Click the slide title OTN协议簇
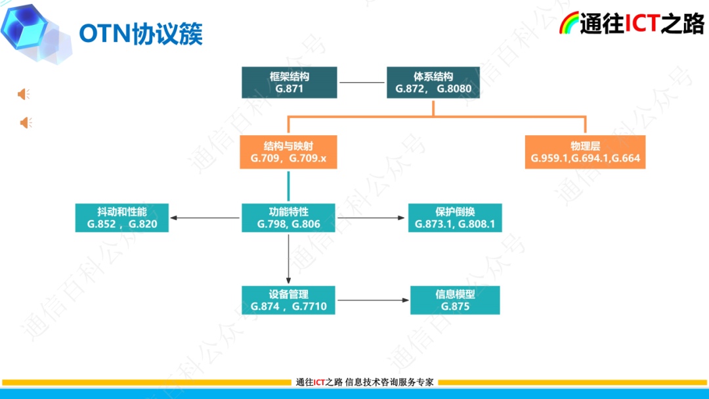click(x=140, y=33)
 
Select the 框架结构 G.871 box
click(x=289, y=83)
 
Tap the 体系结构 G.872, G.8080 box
click(x=433, y=83)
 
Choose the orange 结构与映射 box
click(x=289, y=152)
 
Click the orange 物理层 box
click(x=585, y=152)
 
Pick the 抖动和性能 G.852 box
click(x=122, y=218)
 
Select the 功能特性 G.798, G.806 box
click(x=289, y=218)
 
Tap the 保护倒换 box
click(x=455, y=218)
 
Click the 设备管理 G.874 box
click(x=289, y=300)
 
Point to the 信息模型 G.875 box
click(x=455, y=300)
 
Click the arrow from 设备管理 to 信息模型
click(x=372, y=300)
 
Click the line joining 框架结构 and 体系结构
click(x=362, y=83)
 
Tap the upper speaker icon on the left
click(x=24, y=94)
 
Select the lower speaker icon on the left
click(x=26, y=123)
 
